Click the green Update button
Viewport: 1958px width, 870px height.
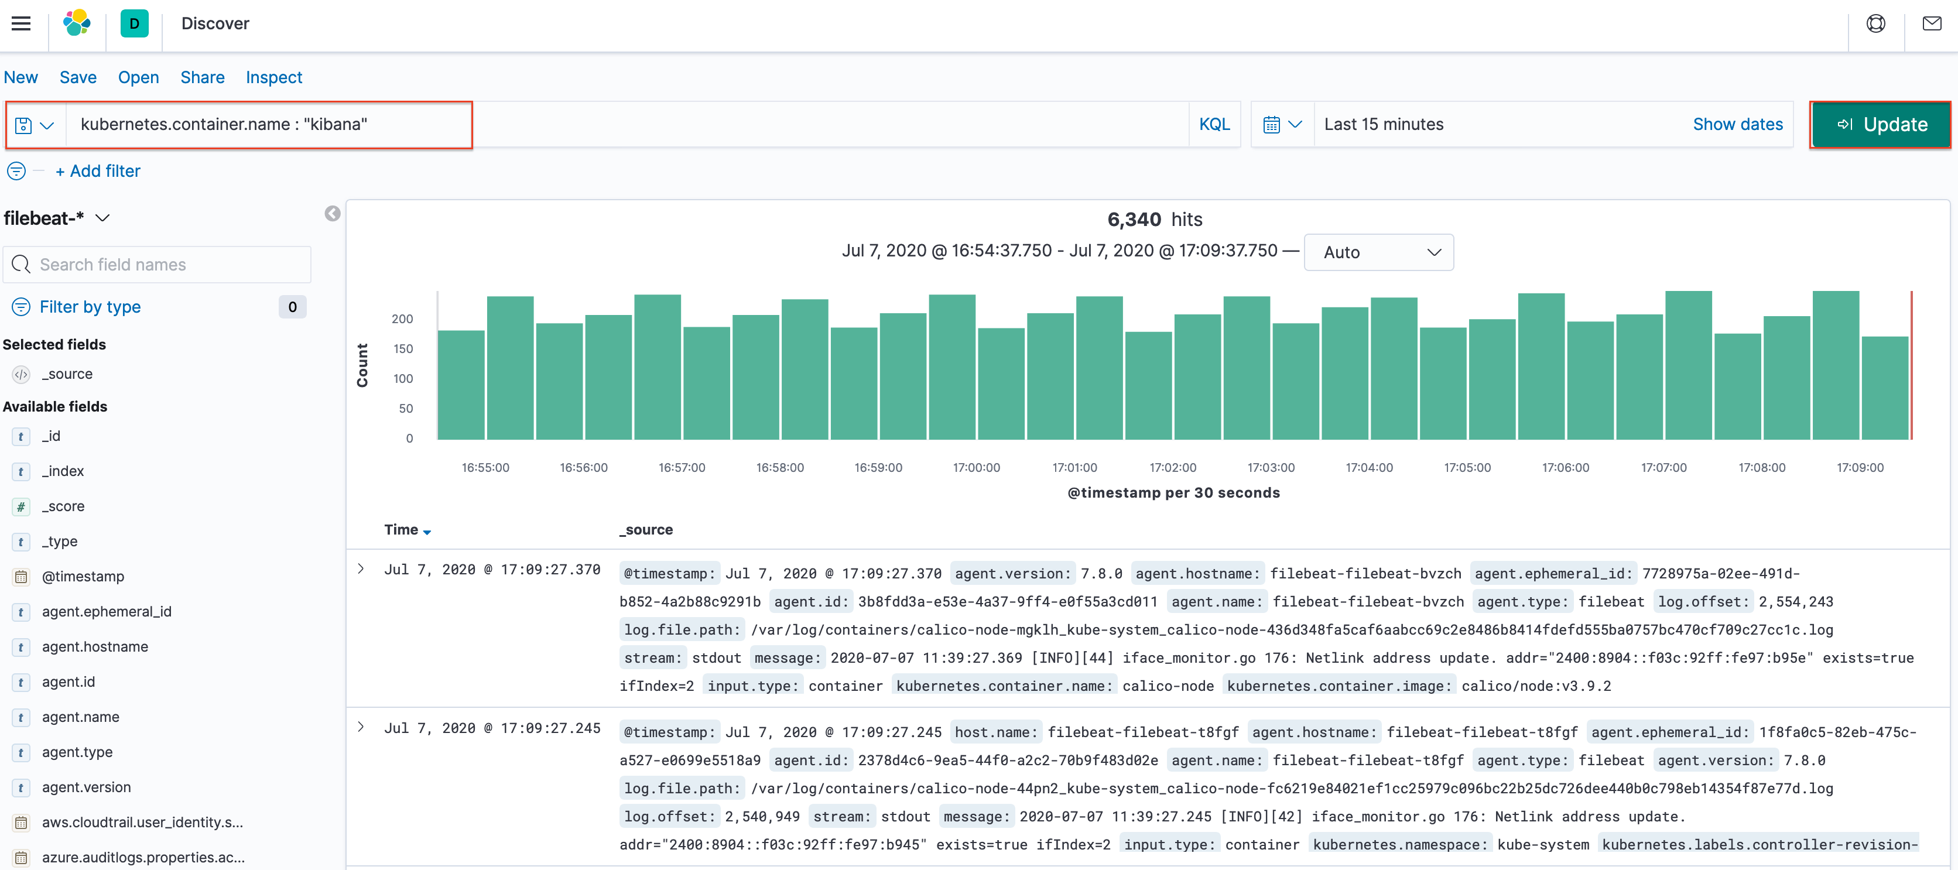tap(1880, 125)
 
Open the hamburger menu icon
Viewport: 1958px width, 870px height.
tap(21, 23)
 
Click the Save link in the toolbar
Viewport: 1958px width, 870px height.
tap(77, 77)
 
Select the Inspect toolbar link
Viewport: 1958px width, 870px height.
tap(273, 77)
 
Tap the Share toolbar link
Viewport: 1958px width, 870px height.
tap(202, 77)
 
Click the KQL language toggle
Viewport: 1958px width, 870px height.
tap(1214, 125)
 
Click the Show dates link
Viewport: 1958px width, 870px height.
tap(1737, 125)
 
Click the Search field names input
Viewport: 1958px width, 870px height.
tap(167, 265)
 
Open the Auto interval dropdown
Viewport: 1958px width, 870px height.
tap(1378, 252)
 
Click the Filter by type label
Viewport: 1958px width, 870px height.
tap(90, 307)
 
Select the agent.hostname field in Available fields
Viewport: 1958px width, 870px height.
tap(95, 646)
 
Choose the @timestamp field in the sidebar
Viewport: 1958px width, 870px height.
tap(83, 576)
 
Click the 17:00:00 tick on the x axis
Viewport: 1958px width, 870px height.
tap(976, 467)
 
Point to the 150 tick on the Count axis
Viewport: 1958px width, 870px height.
tap(403, 349)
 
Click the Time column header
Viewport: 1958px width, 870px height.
tap(401, 530)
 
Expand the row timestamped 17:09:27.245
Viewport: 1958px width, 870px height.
tap(361, 727)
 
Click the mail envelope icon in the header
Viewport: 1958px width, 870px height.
tap(1932, 23)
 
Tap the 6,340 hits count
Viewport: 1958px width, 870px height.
tap(1134, 220)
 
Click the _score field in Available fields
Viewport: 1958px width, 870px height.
tap(63, 506)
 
